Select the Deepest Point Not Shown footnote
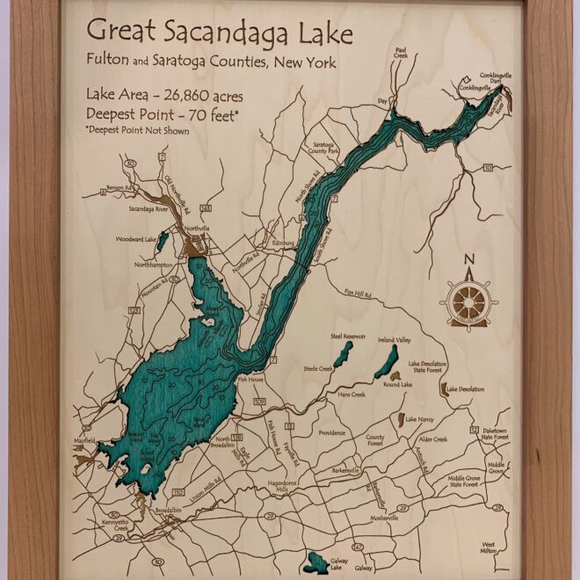click(x=137, y=130)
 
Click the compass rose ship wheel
click(x=468, y=301)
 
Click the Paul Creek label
click(x=402, y=55)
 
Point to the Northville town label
click(x=196, y=228)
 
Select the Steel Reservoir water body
click(x=343, y=353)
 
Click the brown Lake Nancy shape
click(x=400, y=420)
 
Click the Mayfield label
click(x=84, y=440)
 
